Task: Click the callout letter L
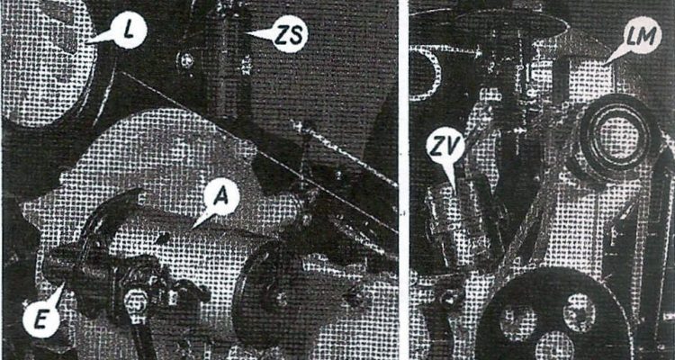(x=128, y=30)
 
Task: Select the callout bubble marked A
(x=221, y=198)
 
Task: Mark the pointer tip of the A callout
(x=191, y=229)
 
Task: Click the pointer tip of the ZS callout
(x=245, y=32)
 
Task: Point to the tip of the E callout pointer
(x=65, y=282)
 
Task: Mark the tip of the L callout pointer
(x=85, y=42)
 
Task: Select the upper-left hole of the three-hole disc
(x=517, y=322)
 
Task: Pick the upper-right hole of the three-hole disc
(x=578, y=311)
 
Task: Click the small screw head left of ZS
(x=184, y=61)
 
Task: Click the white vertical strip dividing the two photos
(x=403, y=180)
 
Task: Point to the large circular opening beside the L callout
(x=49, y=65)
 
